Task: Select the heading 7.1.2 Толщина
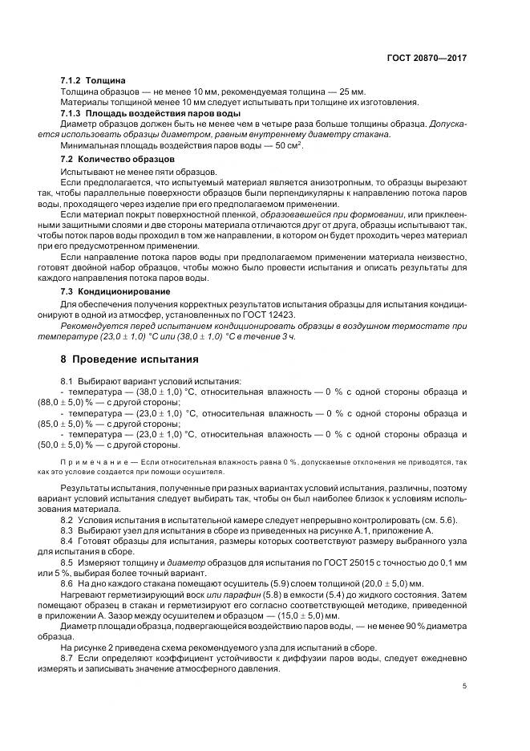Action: point(93,81)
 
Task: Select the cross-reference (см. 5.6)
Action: point(440,521)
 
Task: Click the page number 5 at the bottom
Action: point(465,686)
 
